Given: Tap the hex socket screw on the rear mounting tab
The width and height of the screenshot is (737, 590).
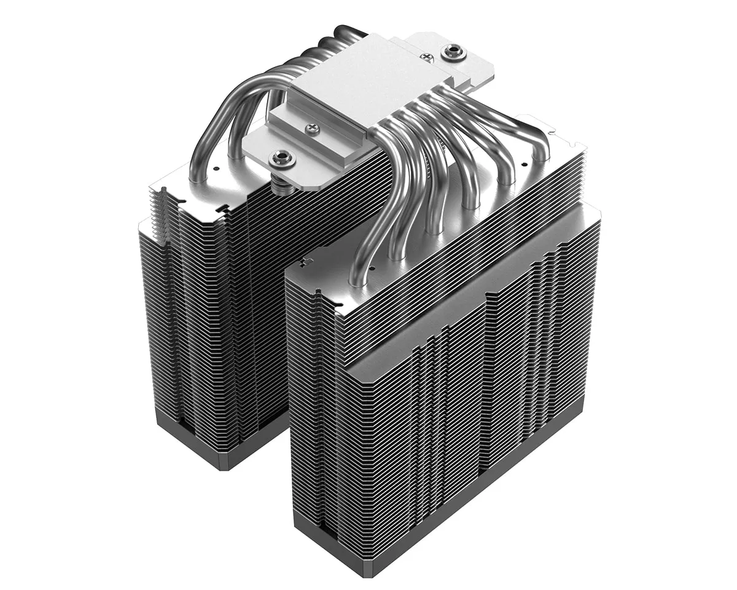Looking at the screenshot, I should (454, 51).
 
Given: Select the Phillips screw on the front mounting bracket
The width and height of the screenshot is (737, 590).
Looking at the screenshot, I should (313, 129).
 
